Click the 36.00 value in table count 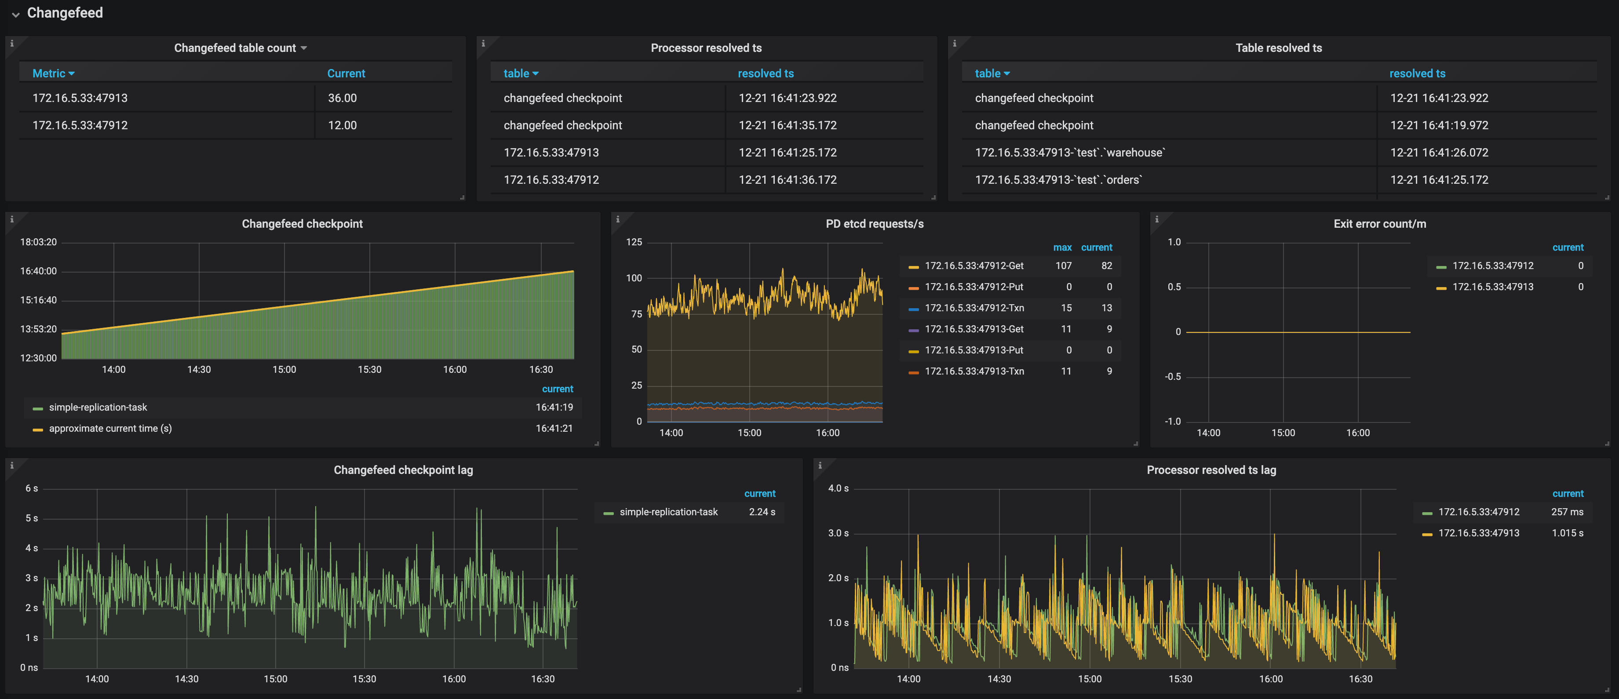[342, 98]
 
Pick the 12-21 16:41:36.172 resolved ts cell [787, 180]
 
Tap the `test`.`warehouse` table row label [1070, 153]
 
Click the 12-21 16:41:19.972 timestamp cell [1439, 125]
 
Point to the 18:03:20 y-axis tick [38, 242]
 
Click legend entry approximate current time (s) [110, 429]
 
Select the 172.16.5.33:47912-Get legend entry [974, 266]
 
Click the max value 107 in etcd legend [1063, 266]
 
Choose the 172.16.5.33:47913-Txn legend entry [974, 371]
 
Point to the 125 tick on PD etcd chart [634, 242]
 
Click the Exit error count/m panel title [1379, 224]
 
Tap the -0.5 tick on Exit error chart [1172, 376]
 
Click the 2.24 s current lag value [761, 512]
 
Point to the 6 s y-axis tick [31, 488]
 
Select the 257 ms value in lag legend [1566, 512]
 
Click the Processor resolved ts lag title [1211, 470]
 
